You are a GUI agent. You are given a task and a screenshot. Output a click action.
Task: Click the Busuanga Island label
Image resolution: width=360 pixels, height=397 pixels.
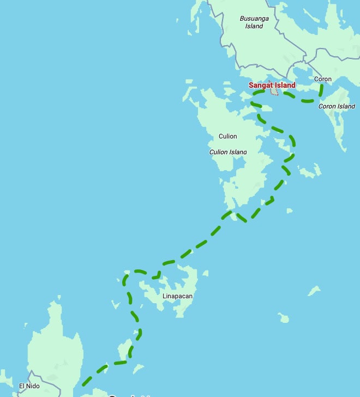coord(254,22)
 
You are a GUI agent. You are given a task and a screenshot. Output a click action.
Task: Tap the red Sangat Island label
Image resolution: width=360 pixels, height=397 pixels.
coord(272,85)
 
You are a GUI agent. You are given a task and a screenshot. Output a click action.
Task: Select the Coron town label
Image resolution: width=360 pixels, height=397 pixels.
coord(323,79)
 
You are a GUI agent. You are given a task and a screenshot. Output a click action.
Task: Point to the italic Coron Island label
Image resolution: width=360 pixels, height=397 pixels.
coord(337,106)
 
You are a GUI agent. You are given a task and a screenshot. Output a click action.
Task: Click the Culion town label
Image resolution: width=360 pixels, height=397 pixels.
coord(228,136)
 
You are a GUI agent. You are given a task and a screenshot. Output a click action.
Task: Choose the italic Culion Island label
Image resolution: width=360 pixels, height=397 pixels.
coord(228,152)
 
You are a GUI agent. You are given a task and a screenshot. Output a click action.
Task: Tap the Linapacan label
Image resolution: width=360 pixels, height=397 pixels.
coord(177,297)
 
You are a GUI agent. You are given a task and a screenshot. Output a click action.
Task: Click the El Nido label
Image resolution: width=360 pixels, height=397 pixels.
coord(29,386)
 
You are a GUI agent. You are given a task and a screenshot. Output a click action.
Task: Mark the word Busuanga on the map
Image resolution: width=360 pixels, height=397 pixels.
coord(254,19)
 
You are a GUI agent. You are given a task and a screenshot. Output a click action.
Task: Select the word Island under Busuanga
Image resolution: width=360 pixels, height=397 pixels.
coord(254,26)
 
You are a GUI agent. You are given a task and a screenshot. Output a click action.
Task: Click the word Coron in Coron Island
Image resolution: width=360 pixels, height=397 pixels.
coord(327,106)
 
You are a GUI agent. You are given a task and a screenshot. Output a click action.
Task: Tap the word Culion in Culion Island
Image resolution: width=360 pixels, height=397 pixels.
coord(219,152)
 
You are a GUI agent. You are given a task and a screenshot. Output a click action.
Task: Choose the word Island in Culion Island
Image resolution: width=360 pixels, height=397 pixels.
coord(238,152)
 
